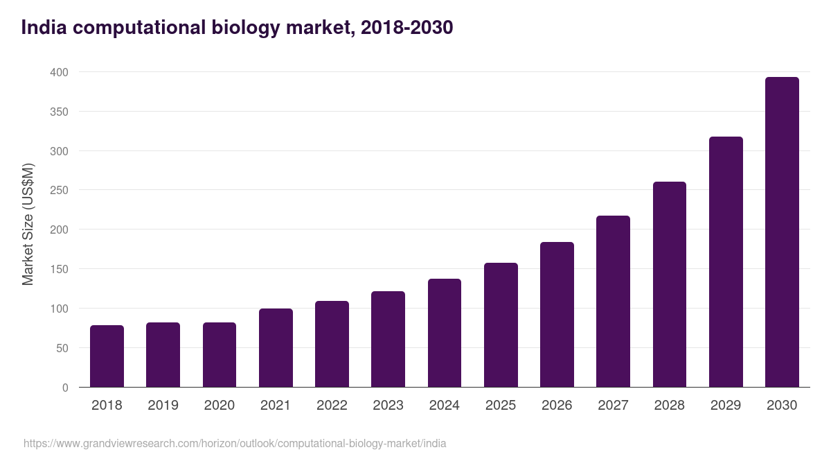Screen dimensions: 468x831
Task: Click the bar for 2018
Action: (x=107, y=356)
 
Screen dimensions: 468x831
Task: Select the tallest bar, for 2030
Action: (x=782, y=232)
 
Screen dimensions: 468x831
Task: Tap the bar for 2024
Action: (x=445, y=333)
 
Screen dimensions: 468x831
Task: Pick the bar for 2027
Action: (x=613, y=302)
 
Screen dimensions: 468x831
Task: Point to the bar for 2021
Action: (x=276, y=348)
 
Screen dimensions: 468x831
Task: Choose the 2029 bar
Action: (x=726, y=262)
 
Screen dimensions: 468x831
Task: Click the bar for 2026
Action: (x=557, y=315)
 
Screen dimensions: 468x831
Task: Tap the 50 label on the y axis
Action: (x=62, y=348)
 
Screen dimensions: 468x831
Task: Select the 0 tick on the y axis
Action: (x=65, y=388)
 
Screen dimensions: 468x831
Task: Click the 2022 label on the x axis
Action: (x=332, y=406)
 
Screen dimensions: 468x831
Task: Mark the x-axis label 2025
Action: (x=501, y=406)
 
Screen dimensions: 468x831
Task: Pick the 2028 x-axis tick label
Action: (x=670, y=406)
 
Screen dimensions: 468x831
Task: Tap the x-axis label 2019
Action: (x=163, y=406)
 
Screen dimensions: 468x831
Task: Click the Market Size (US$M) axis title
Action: (x=28, y=224)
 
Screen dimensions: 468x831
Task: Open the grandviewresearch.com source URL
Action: (x=235, y=443)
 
